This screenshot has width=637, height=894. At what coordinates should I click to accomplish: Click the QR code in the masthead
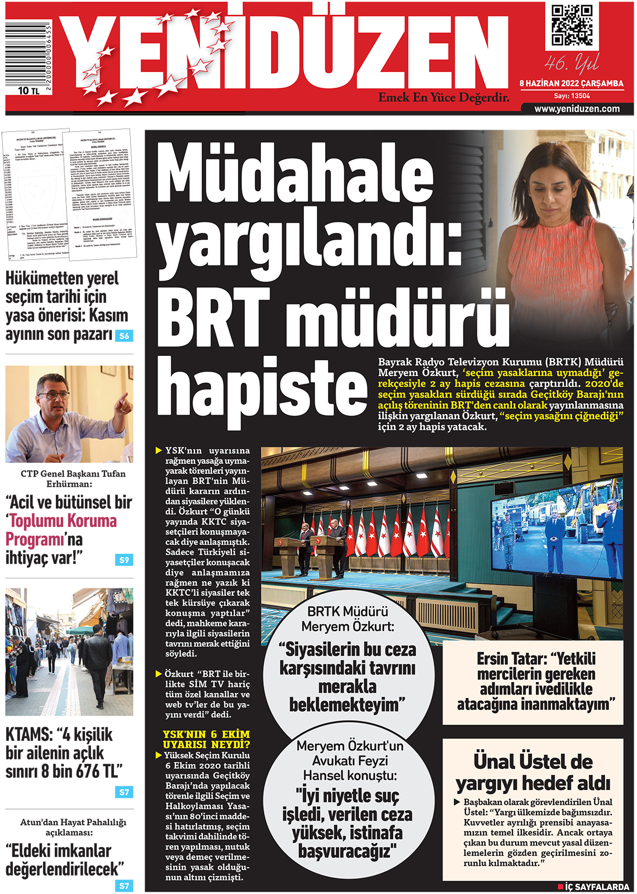(572, 25)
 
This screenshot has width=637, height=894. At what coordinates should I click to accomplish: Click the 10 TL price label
(28, 91)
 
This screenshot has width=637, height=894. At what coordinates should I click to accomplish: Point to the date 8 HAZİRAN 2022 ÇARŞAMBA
(571, 83)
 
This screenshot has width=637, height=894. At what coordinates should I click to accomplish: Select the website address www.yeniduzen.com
(577, 109)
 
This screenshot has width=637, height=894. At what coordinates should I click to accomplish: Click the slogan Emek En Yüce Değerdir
(444, 98)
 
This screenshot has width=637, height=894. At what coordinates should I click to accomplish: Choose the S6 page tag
(124, 336)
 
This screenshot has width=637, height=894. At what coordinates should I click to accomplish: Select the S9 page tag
(124, 559)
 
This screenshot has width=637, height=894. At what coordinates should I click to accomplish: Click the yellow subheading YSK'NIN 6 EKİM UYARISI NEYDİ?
(206, 739)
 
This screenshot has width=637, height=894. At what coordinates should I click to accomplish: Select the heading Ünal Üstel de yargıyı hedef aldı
(533, 772)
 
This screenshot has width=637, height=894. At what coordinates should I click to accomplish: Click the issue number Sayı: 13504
(572, 96)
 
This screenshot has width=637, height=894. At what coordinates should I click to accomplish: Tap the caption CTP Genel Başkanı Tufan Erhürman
(69, 478)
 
